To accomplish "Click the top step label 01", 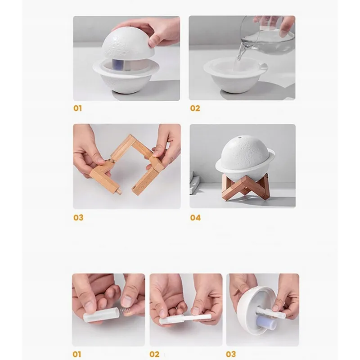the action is pos(77,108).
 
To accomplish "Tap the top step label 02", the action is pos(195,108).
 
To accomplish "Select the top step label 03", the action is pos(78,217).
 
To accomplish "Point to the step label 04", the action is pos(195,217).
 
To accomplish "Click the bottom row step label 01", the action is pos(76,354).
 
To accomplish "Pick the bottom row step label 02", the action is pos(154,354).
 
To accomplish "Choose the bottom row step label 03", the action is pos(231,354).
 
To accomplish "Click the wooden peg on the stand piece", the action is pos(120,191).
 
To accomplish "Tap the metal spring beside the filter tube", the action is pos(125,312).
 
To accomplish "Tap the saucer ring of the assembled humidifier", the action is pos(245,165).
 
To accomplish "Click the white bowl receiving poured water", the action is pos(235,75).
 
